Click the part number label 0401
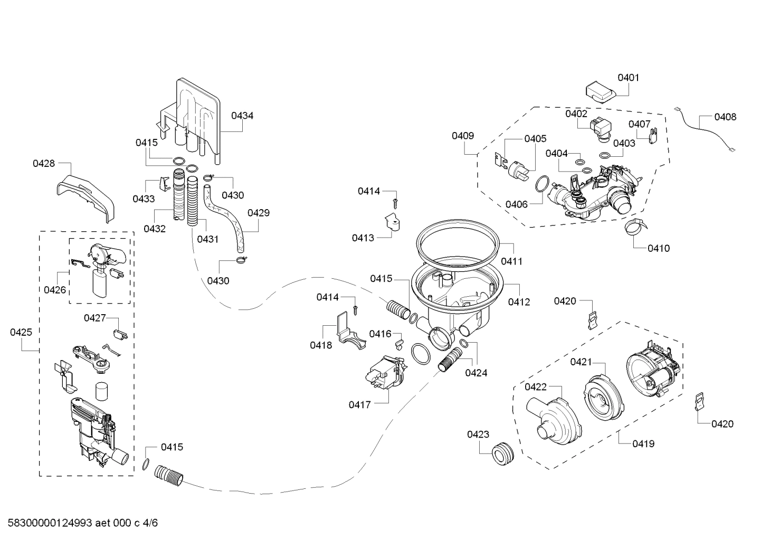pos(628,78)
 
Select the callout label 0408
pos(725,117)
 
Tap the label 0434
pos(242,115)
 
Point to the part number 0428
pos(44,164)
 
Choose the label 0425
pos(21,332)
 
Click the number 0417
pos(359,404)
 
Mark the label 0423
pos(478,434)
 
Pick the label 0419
pos(643,443)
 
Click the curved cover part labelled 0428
pos(87,193)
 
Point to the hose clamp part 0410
pos(636,228)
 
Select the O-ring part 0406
pos(541,185)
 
